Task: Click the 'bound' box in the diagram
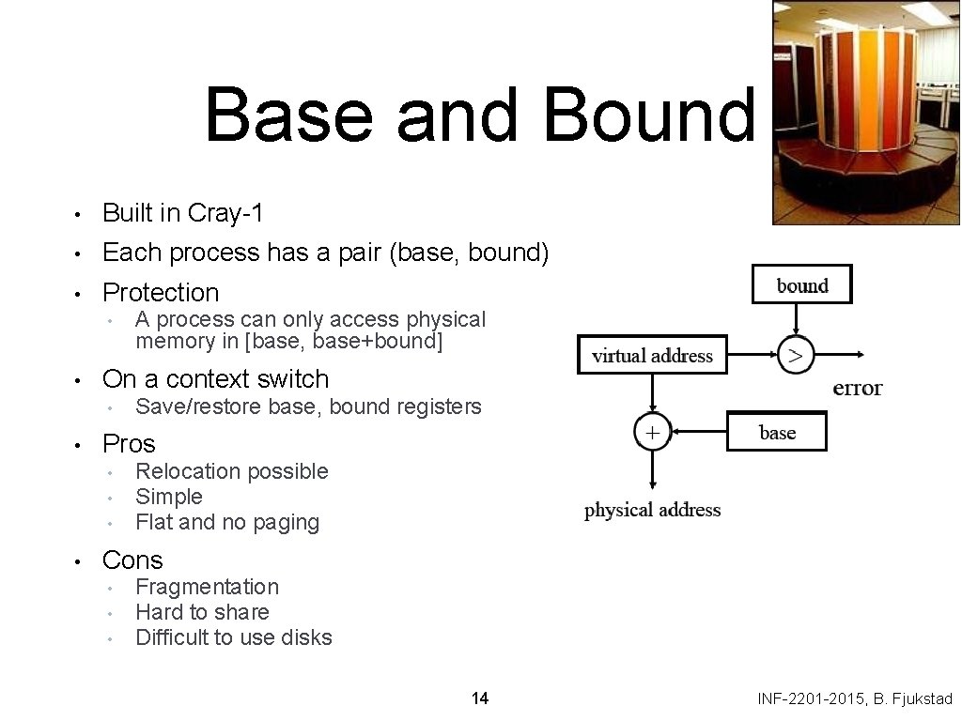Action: [801, 284]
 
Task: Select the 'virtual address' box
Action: [652, 355]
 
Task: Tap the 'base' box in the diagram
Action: [777, 432]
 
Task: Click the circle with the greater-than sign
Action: [796, 355]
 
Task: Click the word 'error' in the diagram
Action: [857, 388]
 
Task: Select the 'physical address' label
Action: [652, 510]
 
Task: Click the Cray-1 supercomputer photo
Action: [865, 112]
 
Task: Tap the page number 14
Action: [480, 698]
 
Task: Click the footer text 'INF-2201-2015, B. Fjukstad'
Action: [855, 698]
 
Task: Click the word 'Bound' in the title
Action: [648, 115]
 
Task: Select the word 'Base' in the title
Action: [293, 115]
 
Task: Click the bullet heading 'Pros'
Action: [129, 443]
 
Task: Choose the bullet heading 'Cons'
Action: [132, 560]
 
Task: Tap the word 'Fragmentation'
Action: [207, 587]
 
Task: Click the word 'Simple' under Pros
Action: [169, 497]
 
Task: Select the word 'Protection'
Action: [161, 293]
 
